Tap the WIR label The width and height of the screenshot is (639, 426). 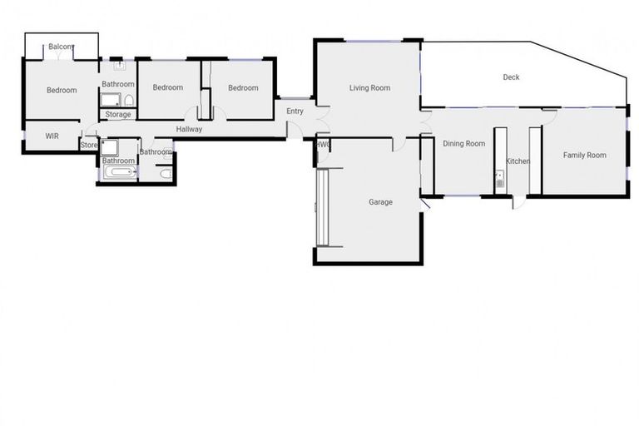pyautogui.click(x=40, y=136)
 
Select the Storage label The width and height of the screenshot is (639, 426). pyautogui.click(x=117, y=115)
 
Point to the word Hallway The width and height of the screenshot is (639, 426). pyautogui.click(x=189, y=129)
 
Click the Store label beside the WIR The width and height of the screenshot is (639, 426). pyautogui.click(x=88, y=146)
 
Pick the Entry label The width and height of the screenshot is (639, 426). pyautogui.click(x=295, y=111)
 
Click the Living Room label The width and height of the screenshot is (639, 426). pyautogui.click(x=369, y=88)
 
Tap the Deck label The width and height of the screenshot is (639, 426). pyautogui.click(x=511, y=77)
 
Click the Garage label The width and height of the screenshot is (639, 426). pyautogui.click(x=380, y=202)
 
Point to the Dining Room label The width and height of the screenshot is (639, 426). pyautogui.click(x=463, y=144)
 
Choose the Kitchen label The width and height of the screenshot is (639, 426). pyautogui.click(x=518, y=161)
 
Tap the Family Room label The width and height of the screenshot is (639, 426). pyautogui.click(x=584, y=155)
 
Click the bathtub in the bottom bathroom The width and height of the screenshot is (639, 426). pyautogui.click(x=119, y=174)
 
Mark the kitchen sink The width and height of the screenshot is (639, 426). pyautogui.click(x=499, y=177)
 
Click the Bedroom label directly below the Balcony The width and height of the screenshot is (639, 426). pyautogui.click(x=62, y=91)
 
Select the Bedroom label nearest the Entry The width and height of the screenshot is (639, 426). pyautogui.click(x=244, y=88)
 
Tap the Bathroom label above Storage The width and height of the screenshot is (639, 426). pyautogui.click(x=118, y=84)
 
